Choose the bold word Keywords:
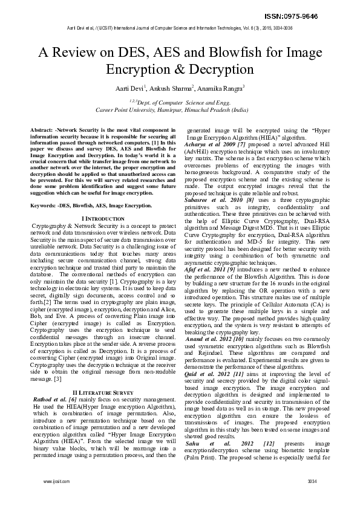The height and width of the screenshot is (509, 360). [44, 206]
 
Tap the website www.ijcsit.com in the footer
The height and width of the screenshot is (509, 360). [57, 482]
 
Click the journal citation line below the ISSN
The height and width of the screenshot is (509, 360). [180, 28]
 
